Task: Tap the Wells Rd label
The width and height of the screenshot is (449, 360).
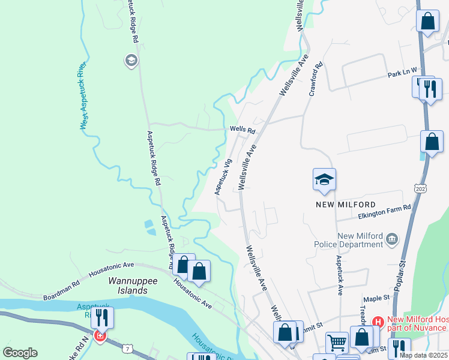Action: point(243,130)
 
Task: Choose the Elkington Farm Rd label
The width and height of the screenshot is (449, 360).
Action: point(384,208)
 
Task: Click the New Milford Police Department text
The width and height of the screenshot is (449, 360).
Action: point(352,240)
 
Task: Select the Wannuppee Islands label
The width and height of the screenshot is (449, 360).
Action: point(127,286)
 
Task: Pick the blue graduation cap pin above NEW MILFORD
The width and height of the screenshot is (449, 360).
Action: point(324,179)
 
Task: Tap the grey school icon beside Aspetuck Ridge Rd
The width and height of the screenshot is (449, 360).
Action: point(131,60)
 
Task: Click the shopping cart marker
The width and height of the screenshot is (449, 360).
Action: point(337,343)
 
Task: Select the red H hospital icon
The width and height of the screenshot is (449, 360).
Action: point(378,322)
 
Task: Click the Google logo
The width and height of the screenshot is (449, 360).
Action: point(20,353)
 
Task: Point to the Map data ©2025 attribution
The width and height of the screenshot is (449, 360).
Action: point(423,355)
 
